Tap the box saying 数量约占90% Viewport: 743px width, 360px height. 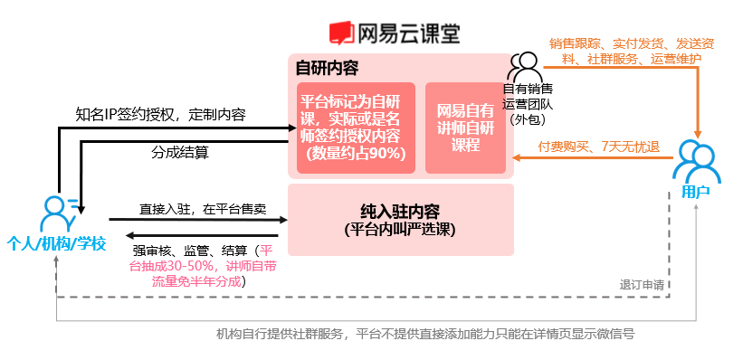(357, 128)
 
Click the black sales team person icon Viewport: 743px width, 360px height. (524, 66)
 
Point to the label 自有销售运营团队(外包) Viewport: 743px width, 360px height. (528, 104)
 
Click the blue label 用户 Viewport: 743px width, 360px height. (694, 192)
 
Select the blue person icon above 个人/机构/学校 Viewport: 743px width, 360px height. (56, 213)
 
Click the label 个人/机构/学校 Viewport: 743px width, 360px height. (56, 243)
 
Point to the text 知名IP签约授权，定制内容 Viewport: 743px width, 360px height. (161, 115)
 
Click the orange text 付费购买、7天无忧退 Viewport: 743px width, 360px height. (597, 146)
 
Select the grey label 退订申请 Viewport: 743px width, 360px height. (642, 284)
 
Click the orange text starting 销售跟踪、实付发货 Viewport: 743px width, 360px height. (624, 51)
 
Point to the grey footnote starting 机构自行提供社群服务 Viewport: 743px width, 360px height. (425, 334)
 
